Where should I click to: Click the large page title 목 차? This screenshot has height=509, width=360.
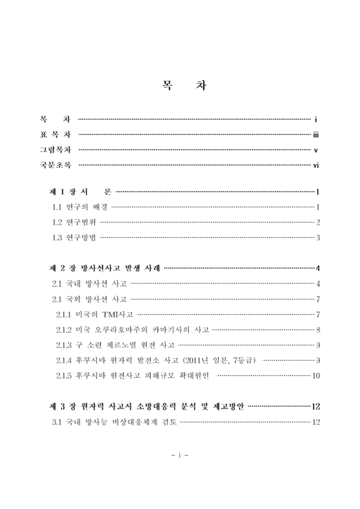click(180, 85)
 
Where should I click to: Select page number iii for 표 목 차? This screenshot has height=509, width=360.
click(315, 135)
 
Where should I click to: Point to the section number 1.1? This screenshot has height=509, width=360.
click(59, 207)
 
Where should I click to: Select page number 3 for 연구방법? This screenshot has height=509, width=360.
click(317, 238)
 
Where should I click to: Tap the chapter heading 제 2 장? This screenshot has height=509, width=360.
click(63, 267)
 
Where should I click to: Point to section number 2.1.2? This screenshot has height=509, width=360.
click(66, 330)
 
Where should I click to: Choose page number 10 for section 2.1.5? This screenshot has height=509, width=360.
click(315, 376)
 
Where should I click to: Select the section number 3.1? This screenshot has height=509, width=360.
click(58, 422)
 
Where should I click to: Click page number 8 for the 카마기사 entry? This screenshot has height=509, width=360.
click(317, 330)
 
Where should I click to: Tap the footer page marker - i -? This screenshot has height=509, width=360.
click(180, 456)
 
